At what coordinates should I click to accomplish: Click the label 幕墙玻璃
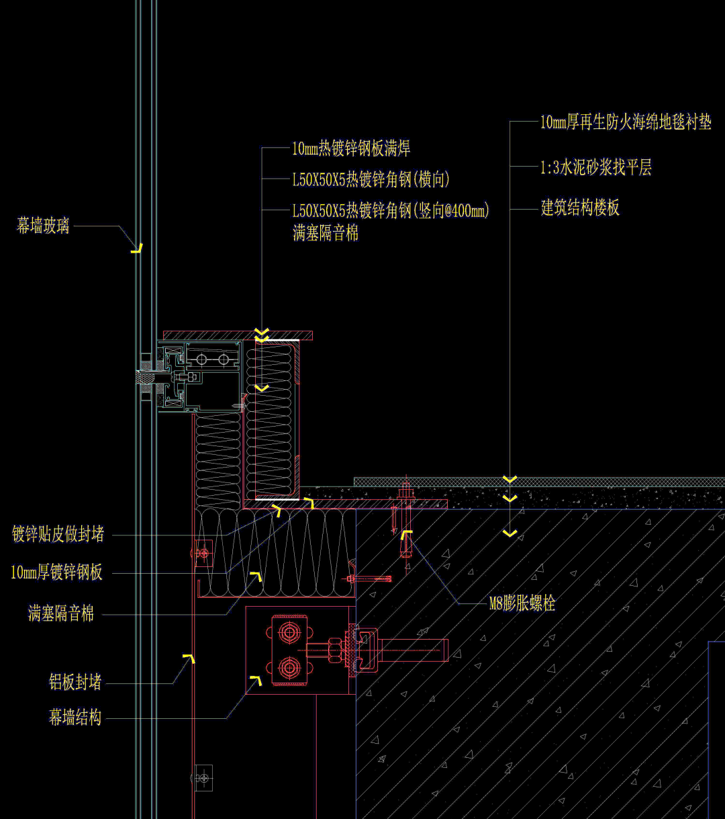43,226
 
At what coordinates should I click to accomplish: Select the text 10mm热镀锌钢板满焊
350,148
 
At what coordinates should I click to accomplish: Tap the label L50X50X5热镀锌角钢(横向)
371,179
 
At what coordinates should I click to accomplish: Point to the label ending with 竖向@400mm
391,211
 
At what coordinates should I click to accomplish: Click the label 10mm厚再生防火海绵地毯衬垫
626,122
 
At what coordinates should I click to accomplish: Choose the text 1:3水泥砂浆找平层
596,167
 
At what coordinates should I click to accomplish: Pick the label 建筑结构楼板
580,208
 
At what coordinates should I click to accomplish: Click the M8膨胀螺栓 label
522,603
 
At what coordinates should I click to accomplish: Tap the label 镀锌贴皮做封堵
58,535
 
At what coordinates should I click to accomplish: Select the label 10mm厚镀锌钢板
57,572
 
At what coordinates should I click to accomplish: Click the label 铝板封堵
75,683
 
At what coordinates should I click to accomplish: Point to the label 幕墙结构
75,718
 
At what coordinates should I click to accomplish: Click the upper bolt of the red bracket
290,632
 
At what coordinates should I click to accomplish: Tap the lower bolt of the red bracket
290,668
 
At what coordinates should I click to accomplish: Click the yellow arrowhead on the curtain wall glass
137,249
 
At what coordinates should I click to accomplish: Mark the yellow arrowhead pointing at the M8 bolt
406,535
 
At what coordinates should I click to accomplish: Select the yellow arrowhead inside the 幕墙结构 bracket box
256,681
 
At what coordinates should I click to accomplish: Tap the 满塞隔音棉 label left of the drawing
61,613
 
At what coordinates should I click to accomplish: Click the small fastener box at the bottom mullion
203,777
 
